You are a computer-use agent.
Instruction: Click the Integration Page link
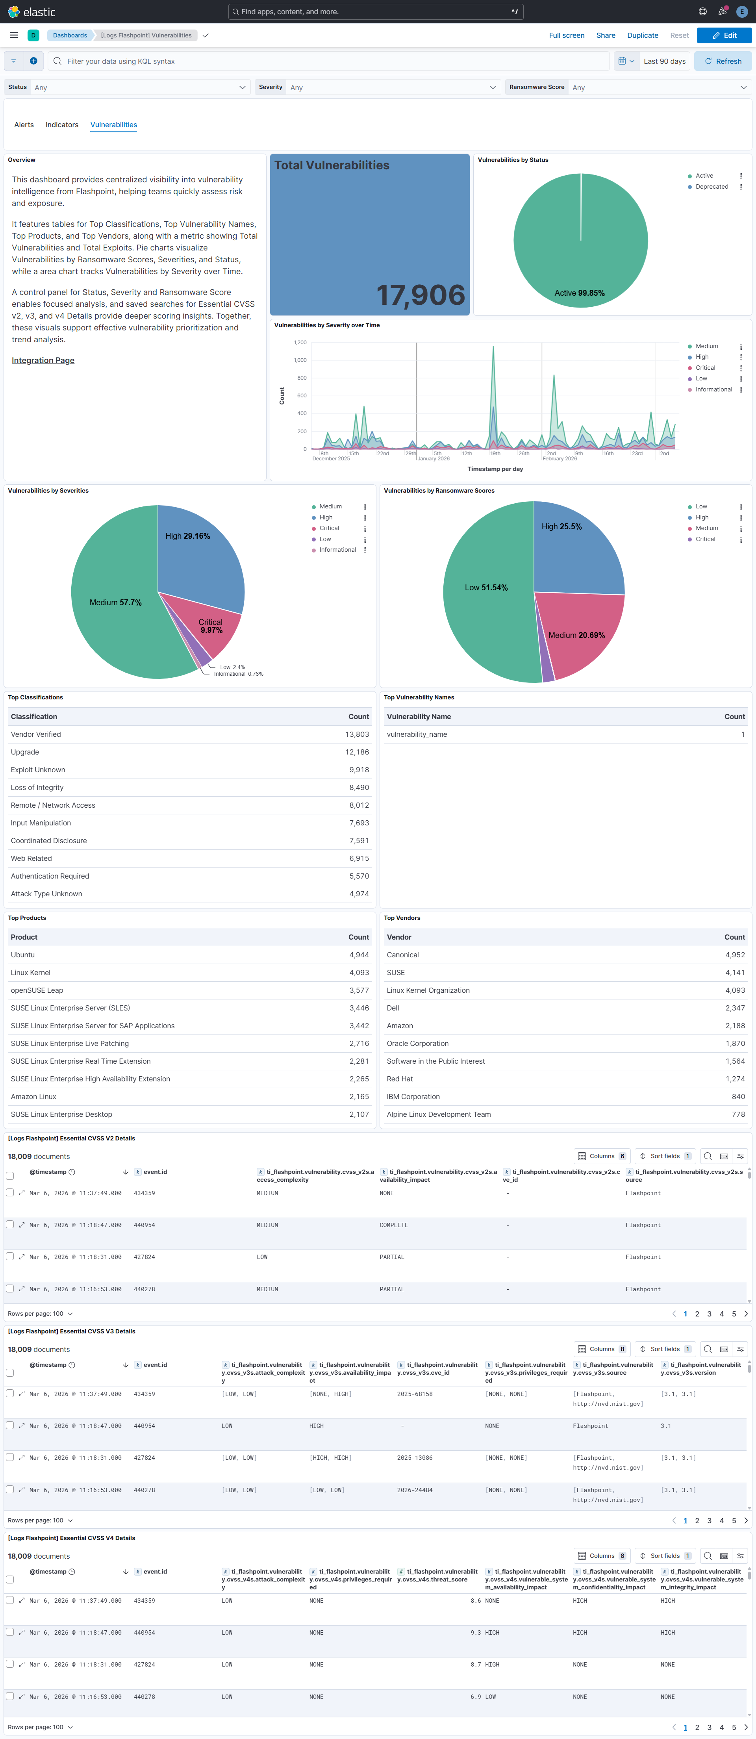(43, 360)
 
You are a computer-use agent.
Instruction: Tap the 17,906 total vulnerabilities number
(421, 295)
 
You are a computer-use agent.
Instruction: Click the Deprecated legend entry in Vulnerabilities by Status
(712, 187)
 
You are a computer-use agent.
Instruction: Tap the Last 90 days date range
(664, 61)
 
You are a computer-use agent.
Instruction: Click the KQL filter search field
(331, 61)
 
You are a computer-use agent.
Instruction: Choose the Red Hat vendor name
(400, 1079)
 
